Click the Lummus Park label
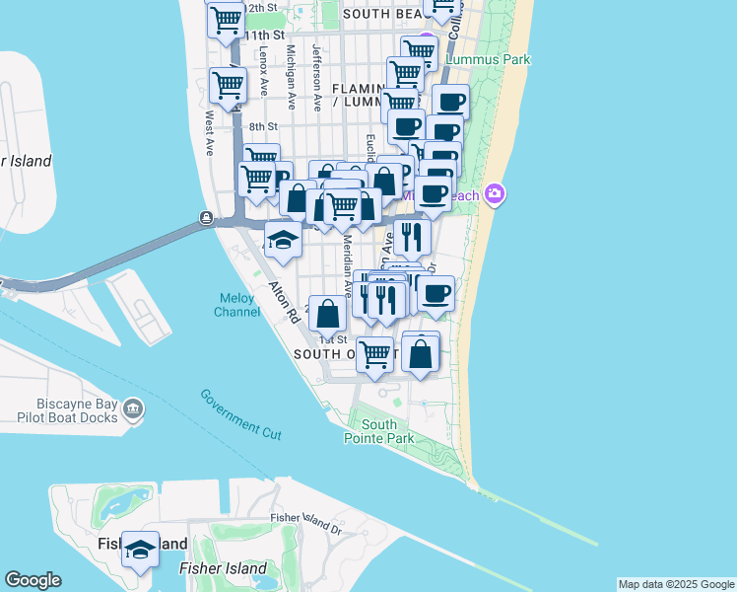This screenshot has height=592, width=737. [488, 59]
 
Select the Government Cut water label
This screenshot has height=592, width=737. [241, 413]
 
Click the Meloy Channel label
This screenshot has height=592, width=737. [237, 306]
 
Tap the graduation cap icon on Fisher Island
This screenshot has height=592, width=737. [140, 549]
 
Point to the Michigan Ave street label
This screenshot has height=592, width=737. [291, 77]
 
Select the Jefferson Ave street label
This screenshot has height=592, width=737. [317, 77]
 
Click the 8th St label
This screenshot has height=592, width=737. [263, 126]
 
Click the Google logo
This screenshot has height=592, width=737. [33, 580]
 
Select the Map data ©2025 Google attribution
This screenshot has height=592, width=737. [675, 584]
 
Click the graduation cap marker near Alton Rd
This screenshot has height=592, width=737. [283, 241]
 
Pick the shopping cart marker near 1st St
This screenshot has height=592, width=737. [375, 354]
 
